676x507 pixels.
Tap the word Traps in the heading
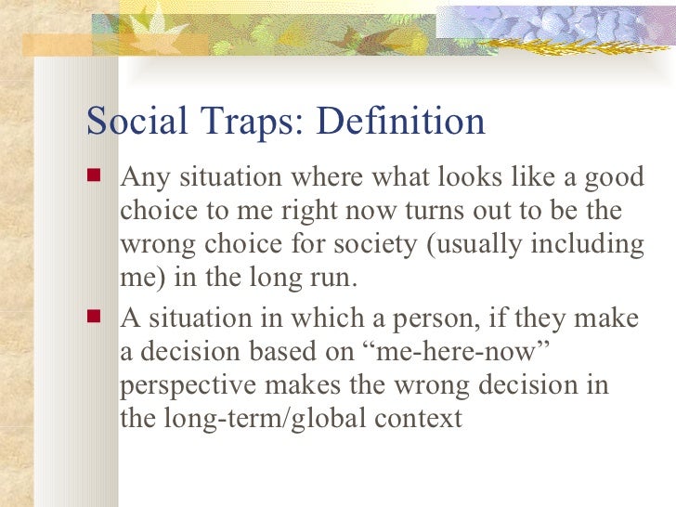[243, 122]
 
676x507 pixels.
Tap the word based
[288, 352]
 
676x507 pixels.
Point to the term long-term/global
[262, 418]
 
